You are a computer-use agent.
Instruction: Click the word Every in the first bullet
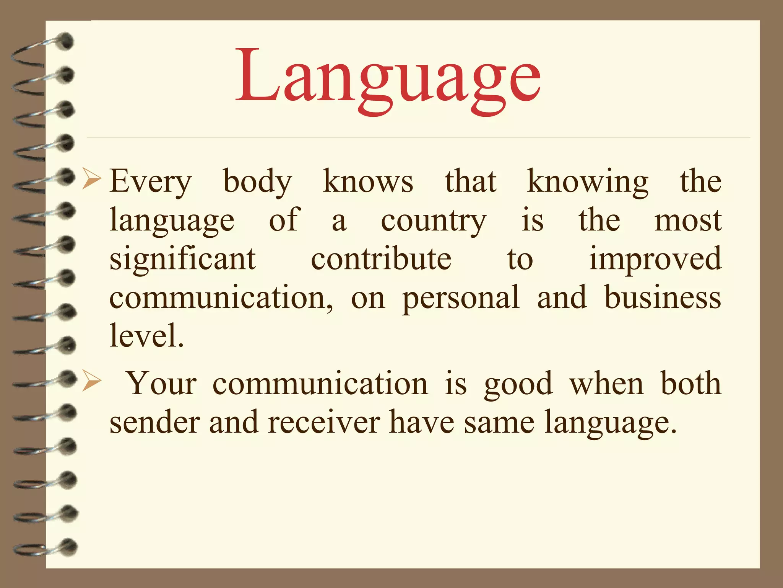(150, 182)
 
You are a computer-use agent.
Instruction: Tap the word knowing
(587, 182)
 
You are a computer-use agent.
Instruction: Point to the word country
(434, 222)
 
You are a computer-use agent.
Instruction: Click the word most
(688, 221)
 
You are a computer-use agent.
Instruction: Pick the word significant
(182, 260)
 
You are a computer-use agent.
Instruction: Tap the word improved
(655, 260)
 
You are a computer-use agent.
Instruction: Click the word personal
(461, 298)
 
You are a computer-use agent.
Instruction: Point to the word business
(663, 297)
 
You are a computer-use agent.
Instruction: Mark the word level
(146, 335)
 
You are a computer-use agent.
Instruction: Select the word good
(518, 384)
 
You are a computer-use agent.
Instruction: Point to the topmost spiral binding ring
(42, 50)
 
